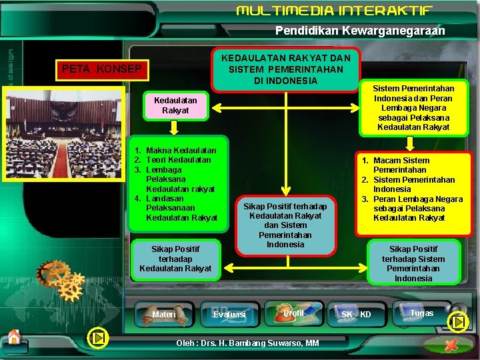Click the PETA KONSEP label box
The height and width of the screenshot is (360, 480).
click(101, 69)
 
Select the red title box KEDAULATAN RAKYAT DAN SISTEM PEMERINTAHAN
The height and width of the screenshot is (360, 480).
click(285, 69)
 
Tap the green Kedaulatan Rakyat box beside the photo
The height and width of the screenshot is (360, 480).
click(171, 105)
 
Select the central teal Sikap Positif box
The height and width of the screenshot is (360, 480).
click(285, 225)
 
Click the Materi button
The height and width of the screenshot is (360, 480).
click(163, 314)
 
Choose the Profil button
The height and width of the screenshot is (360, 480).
click(293, 313)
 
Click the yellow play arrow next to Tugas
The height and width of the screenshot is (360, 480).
click(458, 323)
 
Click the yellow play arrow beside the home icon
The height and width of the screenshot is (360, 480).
click(99, 338)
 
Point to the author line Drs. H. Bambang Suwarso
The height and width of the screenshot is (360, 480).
click(247, 343)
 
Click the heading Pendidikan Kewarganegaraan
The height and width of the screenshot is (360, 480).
click(360, 31)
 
